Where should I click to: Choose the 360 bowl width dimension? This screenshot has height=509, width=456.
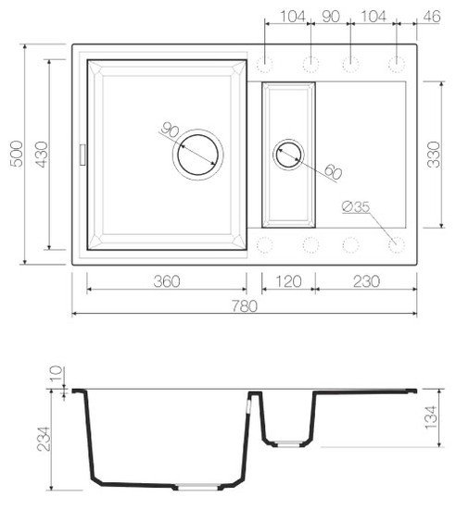[x=166, y=280]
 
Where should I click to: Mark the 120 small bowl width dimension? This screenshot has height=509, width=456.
[x=288, y=280]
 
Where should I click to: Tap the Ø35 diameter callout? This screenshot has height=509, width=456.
[x=355, y=208]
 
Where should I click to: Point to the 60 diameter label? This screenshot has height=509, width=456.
[x=333, y=173]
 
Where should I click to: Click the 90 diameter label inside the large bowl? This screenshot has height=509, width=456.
[x=170, y=130]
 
